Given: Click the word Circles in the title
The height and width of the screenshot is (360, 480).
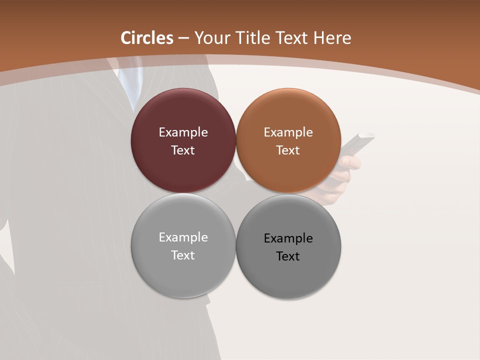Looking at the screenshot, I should [147, 38].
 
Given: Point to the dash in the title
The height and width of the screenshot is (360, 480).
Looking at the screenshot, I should [183, 38].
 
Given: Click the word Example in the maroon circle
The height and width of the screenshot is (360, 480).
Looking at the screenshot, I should [183, 132].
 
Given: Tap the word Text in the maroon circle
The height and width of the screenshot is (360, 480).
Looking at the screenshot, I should [183, 150].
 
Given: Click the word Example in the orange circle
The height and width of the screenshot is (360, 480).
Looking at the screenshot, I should [288, 132].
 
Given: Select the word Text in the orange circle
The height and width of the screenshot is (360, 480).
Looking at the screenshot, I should [288, 150].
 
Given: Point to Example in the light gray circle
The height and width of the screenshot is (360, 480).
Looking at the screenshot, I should [183, 237].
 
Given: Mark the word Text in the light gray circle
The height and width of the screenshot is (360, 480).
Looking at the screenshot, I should [183, 255].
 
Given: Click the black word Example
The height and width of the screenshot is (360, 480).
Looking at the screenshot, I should [288, 238].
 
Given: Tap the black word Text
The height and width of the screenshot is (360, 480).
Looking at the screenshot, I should [288, 256].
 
